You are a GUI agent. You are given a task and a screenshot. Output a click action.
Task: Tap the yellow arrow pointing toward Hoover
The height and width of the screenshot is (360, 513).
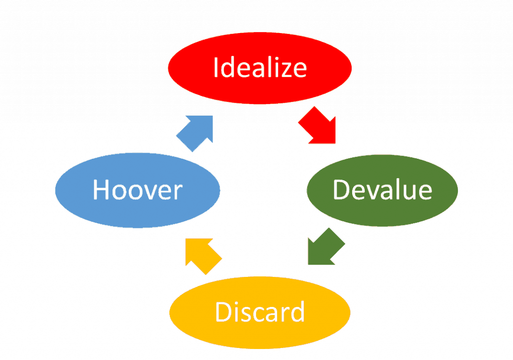click(202, 254)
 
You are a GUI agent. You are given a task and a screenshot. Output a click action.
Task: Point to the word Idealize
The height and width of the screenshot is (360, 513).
click(260, 68)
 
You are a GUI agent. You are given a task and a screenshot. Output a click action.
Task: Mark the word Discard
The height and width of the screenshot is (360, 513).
click(260, 312)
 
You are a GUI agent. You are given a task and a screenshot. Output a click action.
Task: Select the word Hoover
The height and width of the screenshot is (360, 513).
click(137, 190)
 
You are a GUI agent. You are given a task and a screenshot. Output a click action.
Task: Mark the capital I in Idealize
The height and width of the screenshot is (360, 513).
click(217, 68)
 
